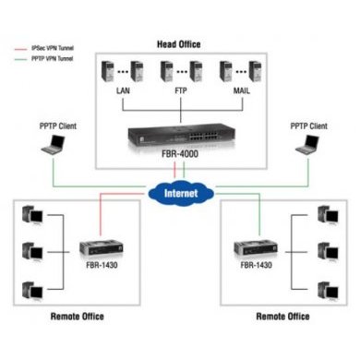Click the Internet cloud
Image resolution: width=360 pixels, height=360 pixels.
click(x=180, y=194)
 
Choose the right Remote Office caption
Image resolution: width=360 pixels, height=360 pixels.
click(x=281, y=317)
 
